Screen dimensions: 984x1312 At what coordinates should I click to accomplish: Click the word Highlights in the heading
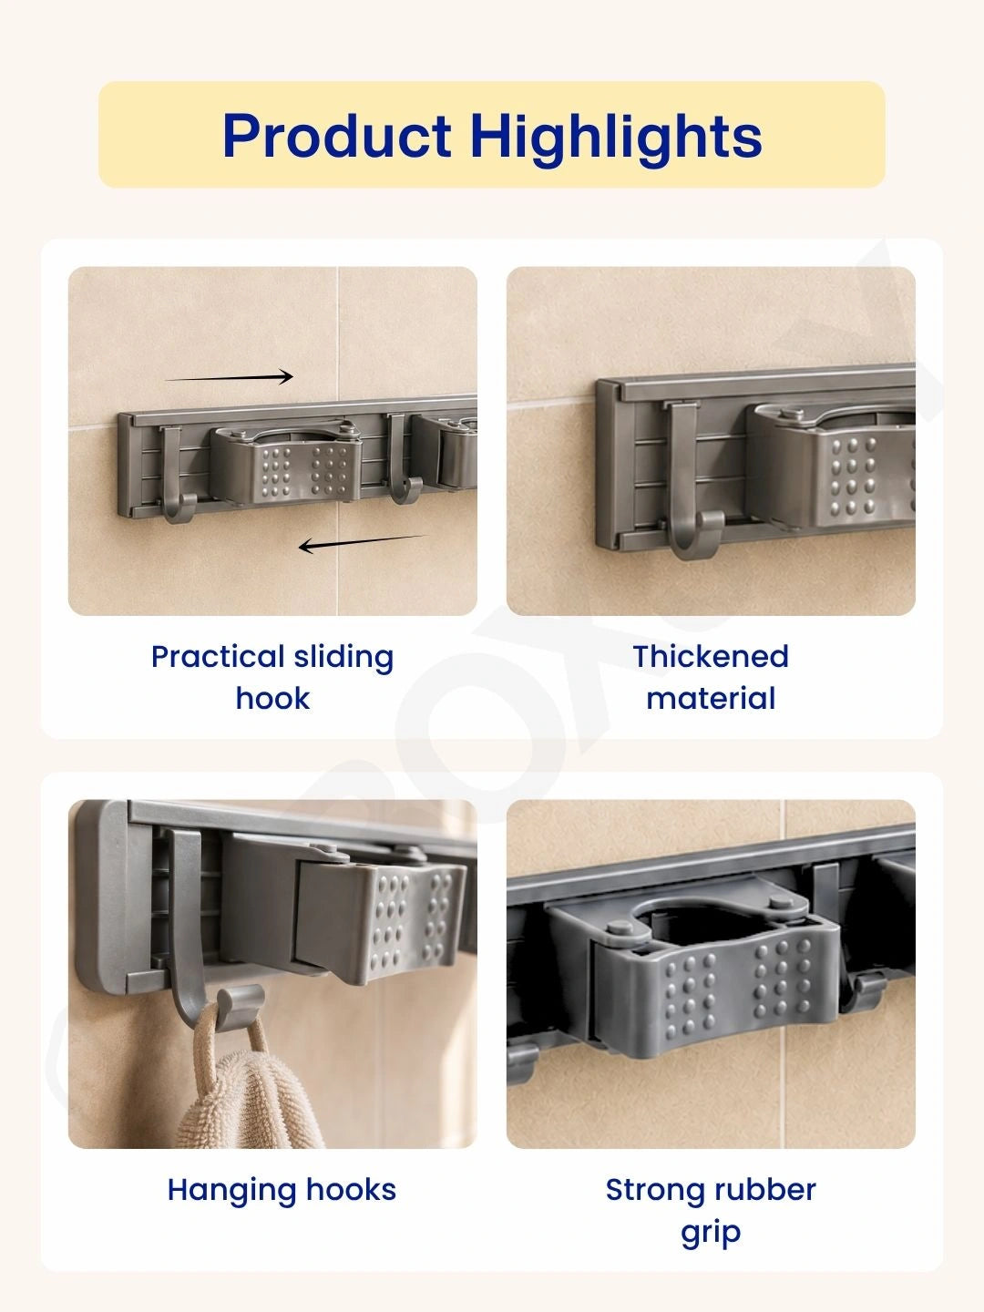pos(617,138)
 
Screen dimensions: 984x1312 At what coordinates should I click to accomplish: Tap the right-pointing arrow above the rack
pos(229,376)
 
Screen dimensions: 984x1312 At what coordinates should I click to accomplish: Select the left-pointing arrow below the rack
pos(363,543)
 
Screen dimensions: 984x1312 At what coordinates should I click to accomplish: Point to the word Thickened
pos(711,656)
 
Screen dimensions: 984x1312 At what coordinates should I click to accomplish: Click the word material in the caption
pos(711,698)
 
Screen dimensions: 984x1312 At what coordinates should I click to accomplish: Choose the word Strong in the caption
pos(658,1190)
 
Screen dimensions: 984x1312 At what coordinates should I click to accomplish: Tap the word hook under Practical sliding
pos(273,698)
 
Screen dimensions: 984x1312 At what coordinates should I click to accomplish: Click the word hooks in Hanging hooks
pos(352,1190)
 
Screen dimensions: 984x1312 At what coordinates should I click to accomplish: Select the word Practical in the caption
pos(218,656)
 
